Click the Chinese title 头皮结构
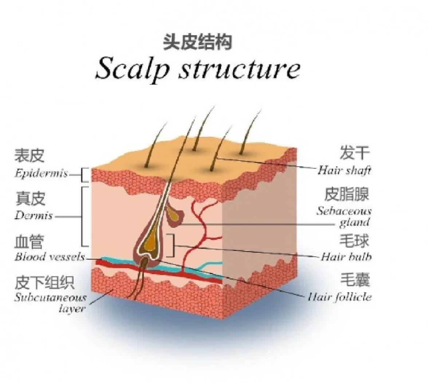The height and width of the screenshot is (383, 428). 197,42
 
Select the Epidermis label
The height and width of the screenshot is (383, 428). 41,173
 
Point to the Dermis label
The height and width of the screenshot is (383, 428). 34,216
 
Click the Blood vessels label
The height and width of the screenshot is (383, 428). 50,257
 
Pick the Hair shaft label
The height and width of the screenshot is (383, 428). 344,170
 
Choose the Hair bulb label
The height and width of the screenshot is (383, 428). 346,257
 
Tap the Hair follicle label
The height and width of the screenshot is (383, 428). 339,297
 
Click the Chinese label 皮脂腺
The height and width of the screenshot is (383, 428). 347,194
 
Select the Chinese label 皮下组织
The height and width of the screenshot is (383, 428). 44,282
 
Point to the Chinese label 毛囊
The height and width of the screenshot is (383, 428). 355,280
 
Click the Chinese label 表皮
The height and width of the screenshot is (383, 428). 30,155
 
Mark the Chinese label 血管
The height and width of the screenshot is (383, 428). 29,242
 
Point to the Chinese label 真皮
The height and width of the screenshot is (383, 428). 30,198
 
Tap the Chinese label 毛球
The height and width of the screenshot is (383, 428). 354,241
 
